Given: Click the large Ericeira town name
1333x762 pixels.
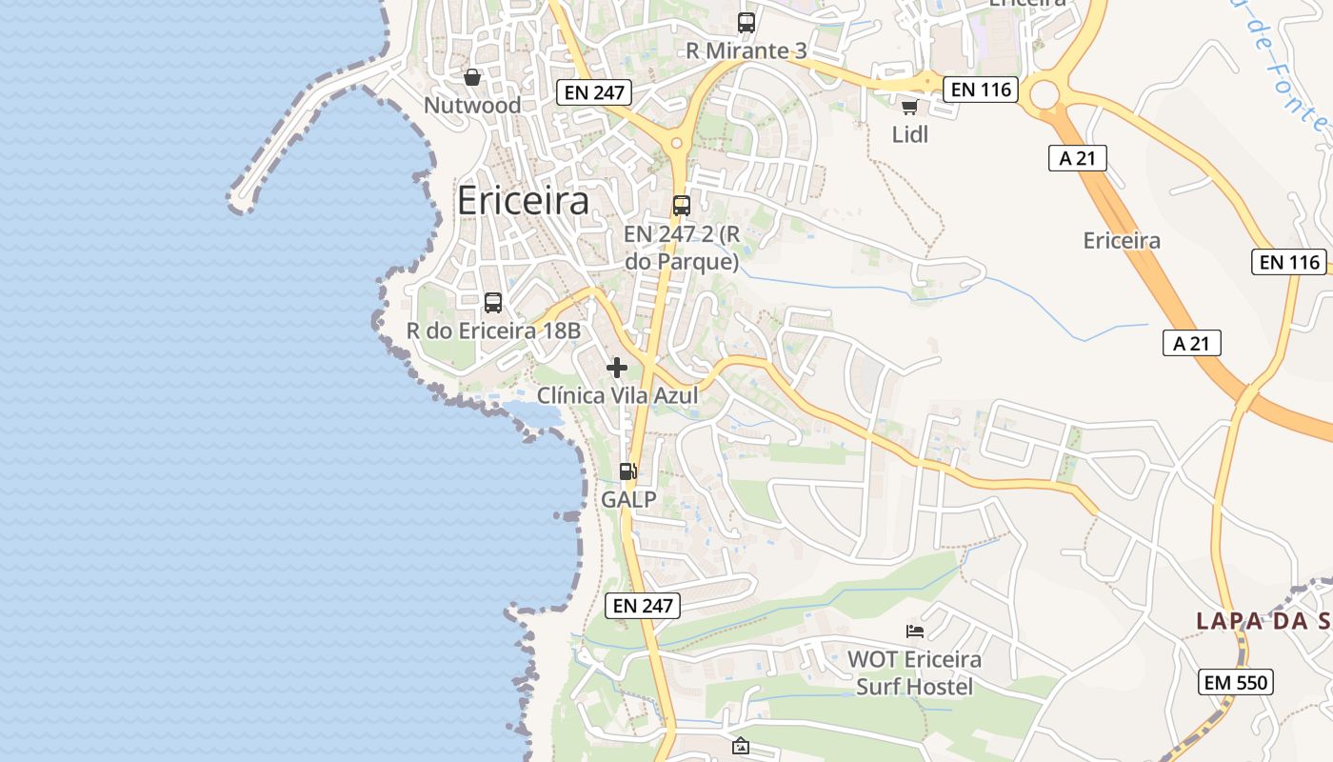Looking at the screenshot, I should coord(523,201).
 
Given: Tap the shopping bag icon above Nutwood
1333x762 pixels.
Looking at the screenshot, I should coord(471,77).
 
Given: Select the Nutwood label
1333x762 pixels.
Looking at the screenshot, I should coord(472,105).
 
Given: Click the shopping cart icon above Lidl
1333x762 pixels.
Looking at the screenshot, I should coord(909,107).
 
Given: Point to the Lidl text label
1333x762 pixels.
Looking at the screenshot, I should coord(909,134).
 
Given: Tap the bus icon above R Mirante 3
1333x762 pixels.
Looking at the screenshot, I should coord(746,23).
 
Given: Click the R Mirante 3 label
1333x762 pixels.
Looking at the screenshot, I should coord(746,50).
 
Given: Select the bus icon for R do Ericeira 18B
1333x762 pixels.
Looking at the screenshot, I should coord(493,303).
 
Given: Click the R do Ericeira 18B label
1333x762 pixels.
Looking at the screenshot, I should coord(493,331).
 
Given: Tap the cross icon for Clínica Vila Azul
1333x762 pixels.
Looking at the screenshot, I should coord(617,367).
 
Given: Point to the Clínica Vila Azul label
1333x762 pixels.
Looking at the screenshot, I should coord(617,395).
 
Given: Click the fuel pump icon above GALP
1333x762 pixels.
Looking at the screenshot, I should coord(628,471).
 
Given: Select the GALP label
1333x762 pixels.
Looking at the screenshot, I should coord(628,498).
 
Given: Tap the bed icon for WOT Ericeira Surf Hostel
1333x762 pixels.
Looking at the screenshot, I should coord(914,631).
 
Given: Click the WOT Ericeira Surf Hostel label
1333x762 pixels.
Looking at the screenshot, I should coord(914,672).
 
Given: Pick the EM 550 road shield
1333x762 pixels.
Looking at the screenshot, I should coord(1235,682).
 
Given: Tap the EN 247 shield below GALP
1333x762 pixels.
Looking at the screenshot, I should coord(643,605).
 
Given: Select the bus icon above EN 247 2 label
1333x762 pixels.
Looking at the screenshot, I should coord(682,205).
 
